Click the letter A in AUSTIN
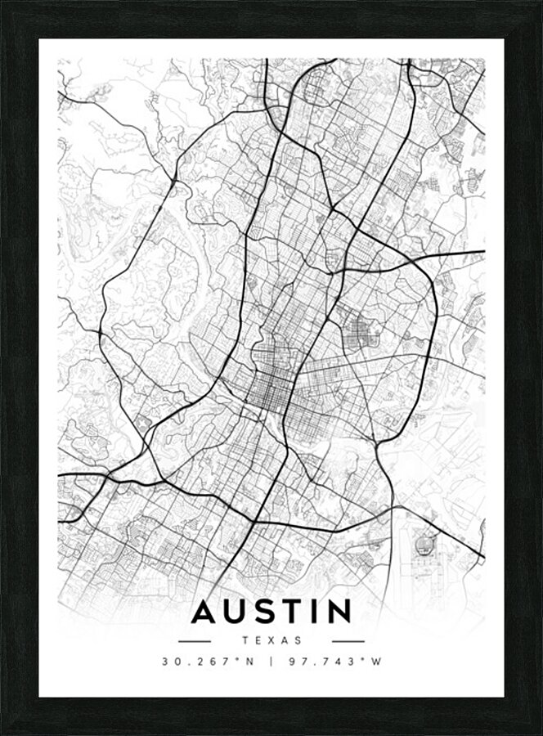pyautogui.click(x=204, y=612)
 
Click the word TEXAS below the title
pyautogui.click(x=271, y=641)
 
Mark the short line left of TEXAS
pyautogui.click(x=195, y=641)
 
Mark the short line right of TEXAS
pyautogui.click(x=348, y=641)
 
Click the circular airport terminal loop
pyautogui.click(x=425, y=543)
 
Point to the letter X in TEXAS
pyautogui.click(x=271, y=641)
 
